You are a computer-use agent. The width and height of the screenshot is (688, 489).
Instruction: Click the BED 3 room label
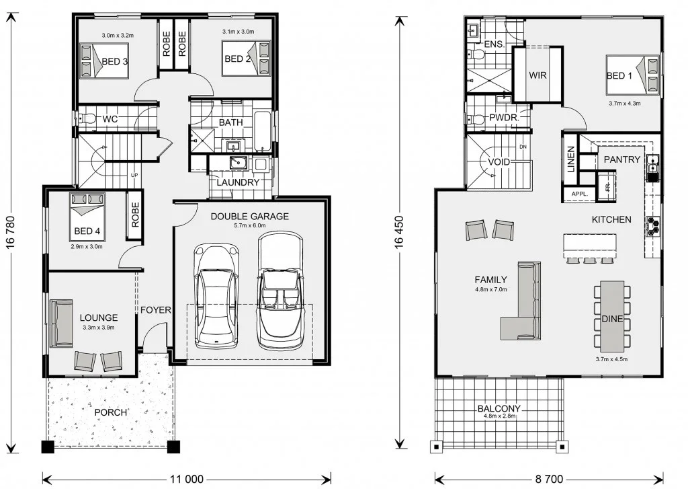115,61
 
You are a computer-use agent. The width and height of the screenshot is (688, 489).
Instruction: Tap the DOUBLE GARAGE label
250,216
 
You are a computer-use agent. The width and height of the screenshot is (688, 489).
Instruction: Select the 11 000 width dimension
187,479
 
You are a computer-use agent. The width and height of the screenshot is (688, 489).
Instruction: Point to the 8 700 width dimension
549,479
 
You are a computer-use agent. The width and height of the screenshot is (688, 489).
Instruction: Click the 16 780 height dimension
11,232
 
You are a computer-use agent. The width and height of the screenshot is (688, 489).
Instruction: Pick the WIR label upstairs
537,75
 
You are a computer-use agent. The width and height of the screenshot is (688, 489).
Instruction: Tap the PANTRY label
621,159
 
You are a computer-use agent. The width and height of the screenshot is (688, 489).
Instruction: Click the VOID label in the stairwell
499,161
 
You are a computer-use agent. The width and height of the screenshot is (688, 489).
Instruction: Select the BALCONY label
499,408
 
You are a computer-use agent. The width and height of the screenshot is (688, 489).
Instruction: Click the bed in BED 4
87,217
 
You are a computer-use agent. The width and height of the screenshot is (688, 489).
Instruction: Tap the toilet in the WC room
88,118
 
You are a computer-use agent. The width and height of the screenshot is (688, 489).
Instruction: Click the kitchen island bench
589,245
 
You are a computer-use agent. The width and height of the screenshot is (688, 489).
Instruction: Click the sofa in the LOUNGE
61,324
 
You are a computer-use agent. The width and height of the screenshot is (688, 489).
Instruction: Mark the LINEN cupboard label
571,159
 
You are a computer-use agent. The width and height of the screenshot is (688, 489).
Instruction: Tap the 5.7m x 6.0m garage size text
250,225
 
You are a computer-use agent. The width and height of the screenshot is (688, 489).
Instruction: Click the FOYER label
156,309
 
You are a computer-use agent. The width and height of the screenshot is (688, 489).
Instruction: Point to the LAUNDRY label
238,182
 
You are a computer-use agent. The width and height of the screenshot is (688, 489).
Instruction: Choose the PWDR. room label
504,118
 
